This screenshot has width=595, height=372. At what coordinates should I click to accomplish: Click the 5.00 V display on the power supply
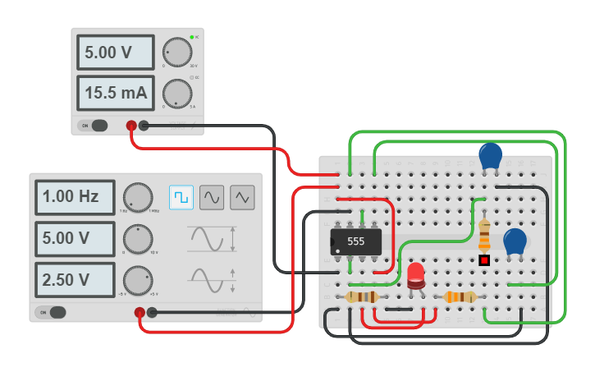coord(115,53)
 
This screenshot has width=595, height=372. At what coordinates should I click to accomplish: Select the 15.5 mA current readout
coord(115,93)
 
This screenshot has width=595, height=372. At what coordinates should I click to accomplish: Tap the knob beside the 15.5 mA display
coord(176,93)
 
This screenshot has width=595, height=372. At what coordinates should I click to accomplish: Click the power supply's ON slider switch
coord(95,126)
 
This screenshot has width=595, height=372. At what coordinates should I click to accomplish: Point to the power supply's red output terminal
coord(130,126)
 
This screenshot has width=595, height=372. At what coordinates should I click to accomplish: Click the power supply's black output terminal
coord(144,126)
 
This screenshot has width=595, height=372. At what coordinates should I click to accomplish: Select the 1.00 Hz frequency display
coord(75,197)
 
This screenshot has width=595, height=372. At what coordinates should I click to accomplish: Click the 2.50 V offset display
coord(75,279)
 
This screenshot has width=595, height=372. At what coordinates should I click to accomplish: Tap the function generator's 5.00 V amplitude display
coord(75,238)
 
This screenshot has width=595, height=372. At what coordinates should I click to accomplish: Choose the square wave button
coord(181,197)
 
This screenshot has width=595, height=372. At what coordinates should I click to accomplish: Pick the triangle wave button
coord(242,197)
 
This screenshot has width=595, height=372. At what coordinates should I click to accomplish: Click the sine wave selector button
coord(212,197)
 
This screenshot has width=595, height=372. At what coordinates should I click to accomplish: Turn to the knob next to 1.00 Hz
coord(138,198)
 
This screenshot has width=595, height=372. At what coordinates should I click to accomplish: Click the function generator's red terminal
coord(140,312)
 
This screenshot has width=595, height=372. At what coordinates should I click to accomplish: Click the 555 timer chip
coord(355,241)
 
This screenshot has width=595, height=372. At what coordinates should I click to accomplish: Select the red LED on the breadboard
coord(416,274)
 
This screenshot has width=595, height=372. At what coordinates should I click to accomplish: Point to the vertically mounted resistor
coord(484,236)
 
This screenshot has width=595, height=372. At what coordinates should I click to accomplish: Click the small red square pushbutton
coord(484,260)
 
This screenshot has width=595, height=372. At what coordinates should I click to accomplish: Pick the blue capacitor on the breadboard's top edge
coord(490,155)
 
